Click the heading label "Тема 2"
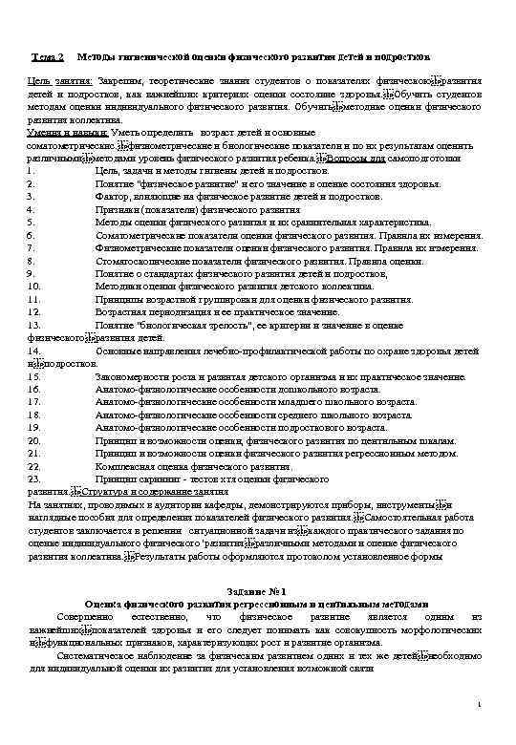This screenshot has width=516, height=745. [47, 58]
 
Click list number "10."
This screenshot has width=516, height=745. [35, 285]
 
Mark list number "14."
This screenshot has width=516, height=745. [35, 351]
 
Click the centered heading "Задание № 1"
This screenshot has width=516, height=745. [257, 593]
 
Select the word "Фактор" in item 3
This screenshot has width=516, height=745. [112, 195]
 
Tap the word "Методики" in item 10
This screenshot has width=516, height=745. [117, 285]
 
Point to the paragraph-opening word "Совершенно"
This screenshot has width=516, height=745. [82, 618]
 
